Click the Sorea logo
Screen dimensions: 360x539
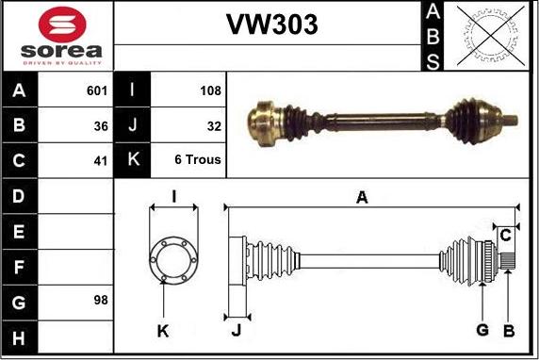click(57, 36)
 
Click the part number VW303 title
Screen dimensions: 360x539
click(271, 25)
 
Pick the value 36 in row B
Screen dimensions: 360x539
click(101, 125)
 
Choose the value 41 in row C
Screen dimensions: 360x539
click(101, 160)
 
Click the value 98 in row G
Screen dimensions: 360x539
click(101, 300)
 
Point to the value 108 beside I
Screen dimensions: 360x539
click(210, 90)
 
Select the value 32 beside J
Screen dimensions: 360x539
click(213, 125)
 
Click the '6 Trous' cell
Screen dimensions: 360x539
click(198, 160)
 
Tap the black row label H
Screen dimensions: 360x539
click(20, 336)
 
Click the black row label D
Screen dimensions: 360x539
click(20, 196)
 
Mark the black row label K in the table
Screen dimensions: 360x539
click(132, 160)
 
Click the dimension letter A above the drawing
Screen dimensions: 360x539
click(361, 197)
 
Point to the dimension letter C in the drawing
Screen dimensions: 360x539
click(505, 234)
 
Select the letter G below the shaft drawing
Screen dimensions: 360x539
click(482, 329)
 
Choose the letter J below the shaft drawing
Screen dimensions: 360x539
click(236, 330)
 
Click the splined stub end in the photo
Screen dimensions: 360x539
click(510, 120)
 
